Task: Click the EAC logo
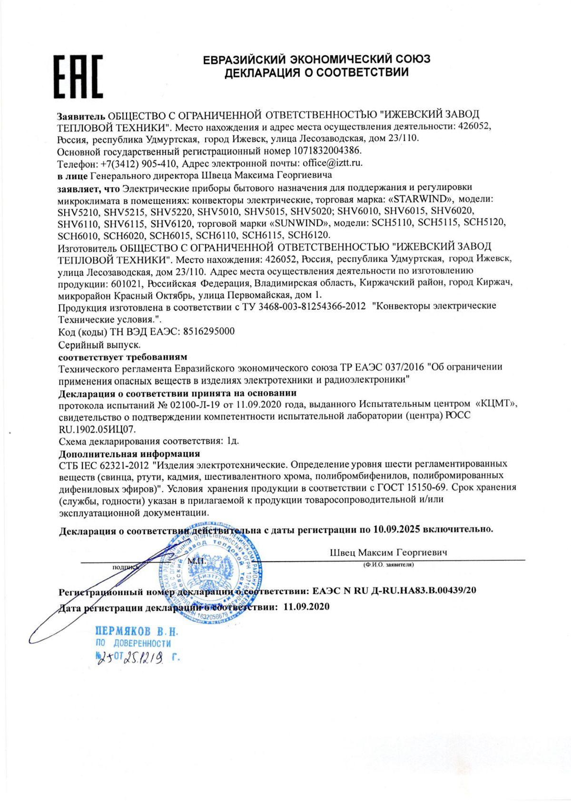[78, 76]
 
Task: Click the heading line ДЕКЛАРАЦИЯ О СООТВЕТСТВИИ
[316, 72]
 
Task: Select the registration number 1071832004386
[327, 151]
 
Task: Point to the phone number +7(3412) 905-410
[138, 163]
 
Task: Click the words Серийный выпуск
[99, 344]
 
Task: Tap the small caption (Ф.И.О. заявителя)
[388, 565]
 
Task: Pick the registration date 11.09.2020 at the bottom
[306, 606]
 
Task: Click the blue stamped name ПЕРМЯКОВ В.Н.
[137, 631]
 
